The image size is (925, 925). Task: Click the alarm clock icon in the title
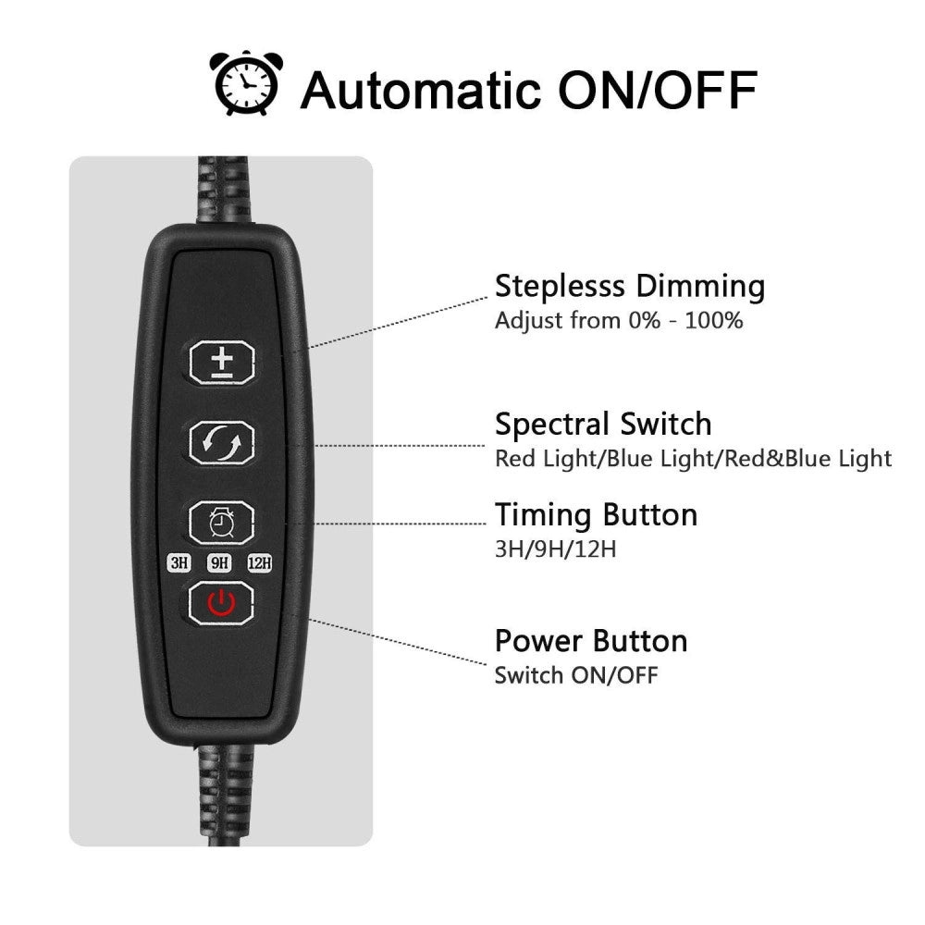point(246,82)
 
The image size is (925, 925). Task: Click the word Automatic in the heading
point(421,91)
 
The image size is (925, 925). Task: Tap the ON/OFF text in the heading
point(658,91)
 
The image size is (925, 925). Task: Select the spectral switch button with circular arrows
point(222,442)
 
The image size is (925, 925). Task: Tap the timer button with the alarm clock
point(222,523)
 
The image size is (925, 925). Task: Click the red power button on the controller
point(221,603)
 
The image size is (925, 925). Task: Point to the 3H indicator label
point(180,562)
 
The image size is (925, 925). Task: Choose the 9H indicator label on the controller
point(219,562)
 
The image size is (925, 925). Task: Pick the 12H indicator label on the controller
point(260,562)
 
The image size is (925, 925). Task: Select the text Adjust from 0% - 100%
point(619,321)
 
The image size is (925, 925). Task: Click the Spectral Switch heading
point(603,425)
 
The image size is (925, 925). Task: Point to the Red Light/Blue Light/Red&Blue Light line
point(693,459)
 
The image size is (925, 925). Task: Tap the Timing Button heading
point(596,515)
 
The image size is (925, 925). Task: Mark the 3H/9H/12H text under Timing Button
point(555,549)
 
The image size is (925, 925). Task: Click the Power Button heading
point(591,641)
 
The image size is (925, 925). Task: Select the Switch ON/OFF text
point(575,675)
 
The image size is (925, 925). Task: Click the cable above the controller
point(225,190)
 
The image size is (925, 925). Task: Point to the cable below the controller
point(224,795)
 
